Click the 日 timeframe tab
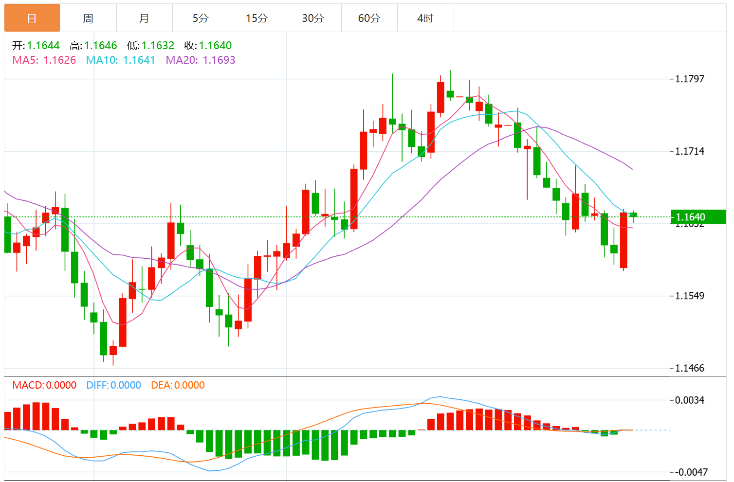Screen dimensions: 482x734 [32, 18]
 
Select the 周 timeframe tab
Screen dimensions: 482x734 [88, 18]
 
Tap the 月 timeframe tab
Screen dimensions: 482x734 [144, 18]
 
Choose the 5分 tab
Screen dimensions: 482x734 [201, 18]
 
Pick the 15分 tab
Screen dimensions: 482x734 [257, 18]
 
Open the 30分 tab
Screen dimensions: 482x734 [313, 18]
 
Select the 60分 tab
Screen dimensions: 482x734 [369, 18]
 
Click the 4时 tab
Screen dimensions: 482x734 [425, 18]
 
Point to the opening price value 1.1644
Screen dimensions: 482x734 [43, 46]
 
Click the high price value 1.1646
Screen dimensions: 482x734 [101, 46]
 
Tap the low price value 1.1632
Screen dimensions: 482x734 [158, 46]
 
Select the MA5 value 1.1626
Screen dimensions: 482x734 [59, 60]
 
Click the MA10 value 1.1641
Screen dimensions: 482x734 [139, 60]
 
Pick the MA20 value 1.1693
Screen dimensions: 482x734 [219, 60]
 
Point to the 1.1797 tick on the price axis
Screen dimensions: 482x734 [690, 79]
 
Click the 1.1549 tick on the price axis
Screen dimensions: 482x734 [690, 296]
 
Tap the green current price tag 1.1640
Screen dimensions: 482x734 [697, 217]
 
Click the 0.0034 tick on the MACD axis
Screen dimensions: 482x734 [690, 400]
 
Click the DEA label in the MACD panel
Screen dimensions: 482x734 [161, 386]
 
